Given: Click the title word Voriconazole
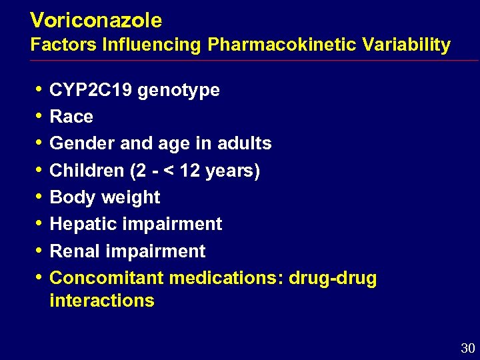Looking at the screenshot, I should coord(96,21).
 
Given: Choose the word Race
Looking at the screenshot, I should coord(71,117).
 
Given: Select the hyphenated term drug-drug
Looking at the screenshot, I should coord(333,279).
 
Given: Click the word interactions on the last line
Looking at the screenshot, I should coord(102,301).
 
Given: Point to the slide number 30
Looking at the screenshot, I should coord(467,348).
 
